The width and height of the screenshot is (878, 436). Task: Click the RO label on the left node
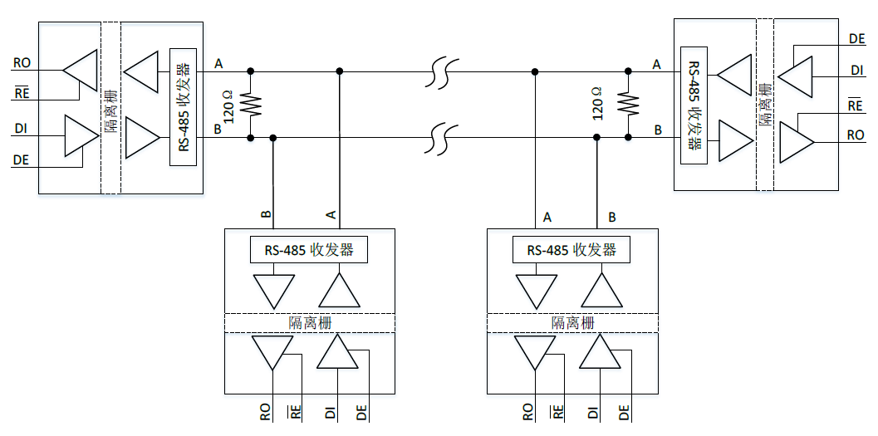click(22, 62)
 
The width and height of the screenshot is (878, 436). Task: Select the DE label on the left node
click(22, 160)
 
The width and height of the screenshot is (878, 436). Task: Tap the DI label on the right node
click(856, 71)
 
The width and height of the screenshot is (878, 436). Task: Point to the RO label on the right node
click(855, 135)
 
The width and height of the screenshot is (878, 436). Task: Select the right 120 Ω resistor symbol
click(628, 105)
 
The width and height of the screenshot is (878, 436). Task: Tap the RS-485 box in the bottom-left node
click(308, 249)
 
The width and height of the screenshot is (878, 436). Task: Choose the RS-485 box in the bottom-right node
click(571, 249)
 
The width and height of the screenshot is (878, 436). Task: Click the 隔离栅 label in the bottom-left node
click(308, 323)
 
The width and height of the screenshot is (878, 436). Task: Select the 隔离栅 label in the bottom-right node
click(571, 323)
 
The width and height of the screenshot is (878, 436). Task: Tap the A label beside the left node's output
click(218, 63)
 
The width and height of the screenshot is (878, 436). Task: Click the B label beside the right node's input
click(658, 130)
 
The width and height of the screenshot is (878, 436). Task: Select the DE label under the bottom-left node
click(362, 411)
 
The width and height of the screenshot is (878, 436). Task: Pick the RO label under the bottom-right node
click(527, 411)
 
